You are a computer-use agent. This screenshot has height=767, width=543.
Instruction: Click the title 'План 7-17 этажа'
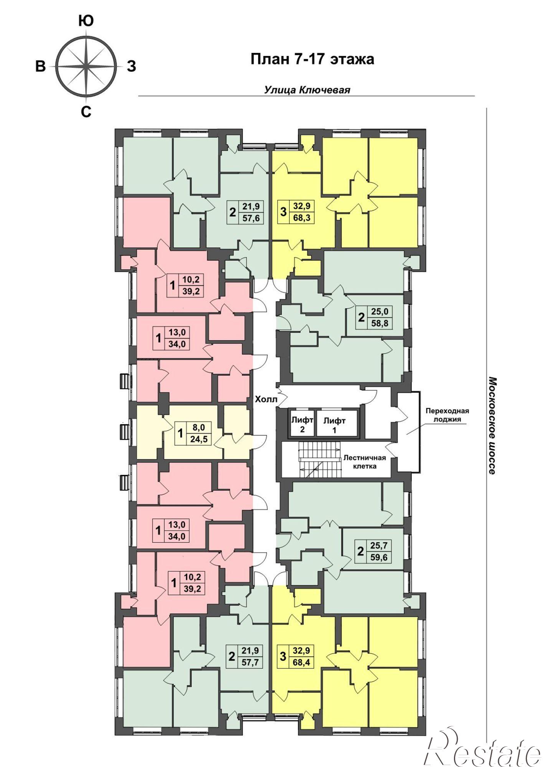(x=312, y=59)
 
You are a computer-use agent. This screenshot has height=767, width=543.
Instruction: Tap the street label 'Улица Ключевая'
(x=307, y=90)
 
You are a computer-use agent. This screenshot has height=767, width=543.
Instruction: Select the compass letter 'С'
(x=86, y=112)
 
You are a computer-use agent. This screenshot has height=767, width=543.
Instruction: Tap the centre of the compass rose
(x=86, y=66)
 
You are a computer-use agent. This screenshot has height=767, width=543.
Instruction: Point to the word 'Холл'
(x=266, y=399)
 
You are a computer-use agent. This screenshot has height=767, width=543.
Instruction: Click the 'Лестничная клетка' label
(x=365, y=462)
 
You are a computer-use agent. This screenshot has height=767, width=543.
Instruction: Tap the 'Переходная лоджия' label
(x=447, y=415)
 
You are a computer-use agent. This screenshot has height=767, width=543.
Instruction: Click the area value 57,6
(x=251, y=218)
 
